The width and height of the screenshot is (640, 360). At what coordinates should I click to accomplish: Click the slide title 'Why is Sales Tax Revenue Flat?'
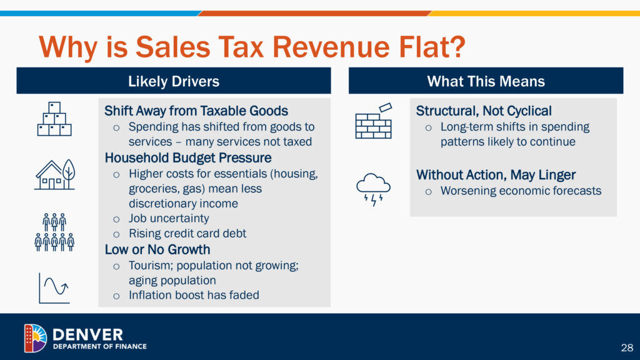tap(251, 47)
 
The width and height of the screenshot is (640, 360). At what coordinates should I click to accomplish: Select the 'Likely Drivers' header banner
tap(173, 81)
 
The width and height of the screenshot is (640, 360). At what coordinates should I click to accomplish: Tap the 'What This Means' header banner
tap(486, 81)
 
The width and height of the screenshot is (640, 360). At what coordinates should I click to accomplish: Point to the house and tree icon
tap(54, 174)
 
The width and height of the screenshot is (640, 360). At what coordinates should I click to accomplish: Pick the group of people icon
tap(54, 232)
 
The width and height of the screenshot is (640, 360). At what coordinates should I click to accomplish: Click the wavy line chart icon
tap(54, 287)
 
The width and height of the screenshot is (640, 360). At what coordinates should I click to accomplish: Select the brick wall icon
tap(374, 121)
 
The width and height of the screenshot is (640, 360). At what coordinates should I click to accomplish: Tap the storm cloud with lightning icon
tap(373, 189)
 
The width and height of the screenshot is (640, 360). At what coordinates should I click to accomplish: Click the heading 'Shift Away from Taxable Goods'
tap(196, 111)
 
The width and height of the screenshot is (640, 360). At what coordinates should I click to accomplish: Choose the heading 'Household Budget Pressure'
tap(188, 157)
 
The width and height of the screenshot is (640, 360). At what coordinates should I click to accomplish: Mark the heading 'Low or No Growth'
tap(157, 250)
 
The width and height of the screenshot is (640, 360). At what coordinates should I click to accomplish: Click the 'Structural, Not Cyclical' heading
tap(484, 111)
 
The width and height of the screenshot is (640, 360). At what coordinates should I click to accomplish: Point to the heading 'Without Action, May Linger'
tap(496, 175)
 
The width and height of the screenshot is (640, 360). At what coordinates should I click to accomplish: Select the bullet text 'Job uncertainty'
tap(169, 219)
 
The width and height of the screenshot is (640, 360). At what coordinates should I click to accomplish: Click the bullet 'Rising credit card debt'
tap(187, 234)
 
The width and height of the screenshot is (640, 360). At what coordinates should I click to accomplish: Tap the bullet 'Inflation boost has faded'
tap(194, 295)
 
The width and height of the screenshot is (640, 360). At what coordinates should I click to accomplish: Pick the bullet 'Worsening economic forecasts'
tap(521, 191)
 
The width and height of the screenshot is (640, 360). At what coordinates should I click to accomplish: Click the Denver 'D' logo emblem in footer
tap(35, 338)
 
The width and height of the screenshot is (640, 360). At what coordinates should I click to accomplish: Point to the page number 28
tap(627, 347)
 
